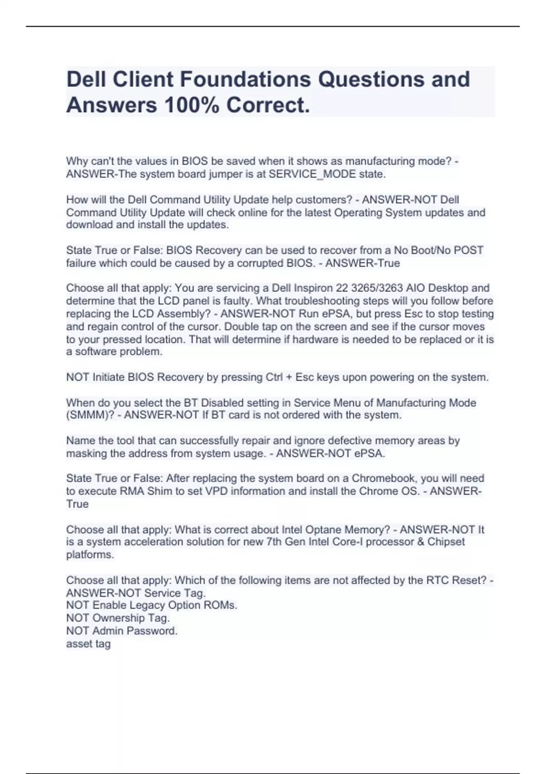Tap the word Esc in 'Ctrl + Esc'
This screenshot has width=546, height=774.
tap(304, 377)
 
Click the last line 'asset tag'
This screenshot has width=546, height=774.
tap(88, 644)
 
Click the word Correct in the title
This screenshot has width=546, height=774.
tap(268, 105)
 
